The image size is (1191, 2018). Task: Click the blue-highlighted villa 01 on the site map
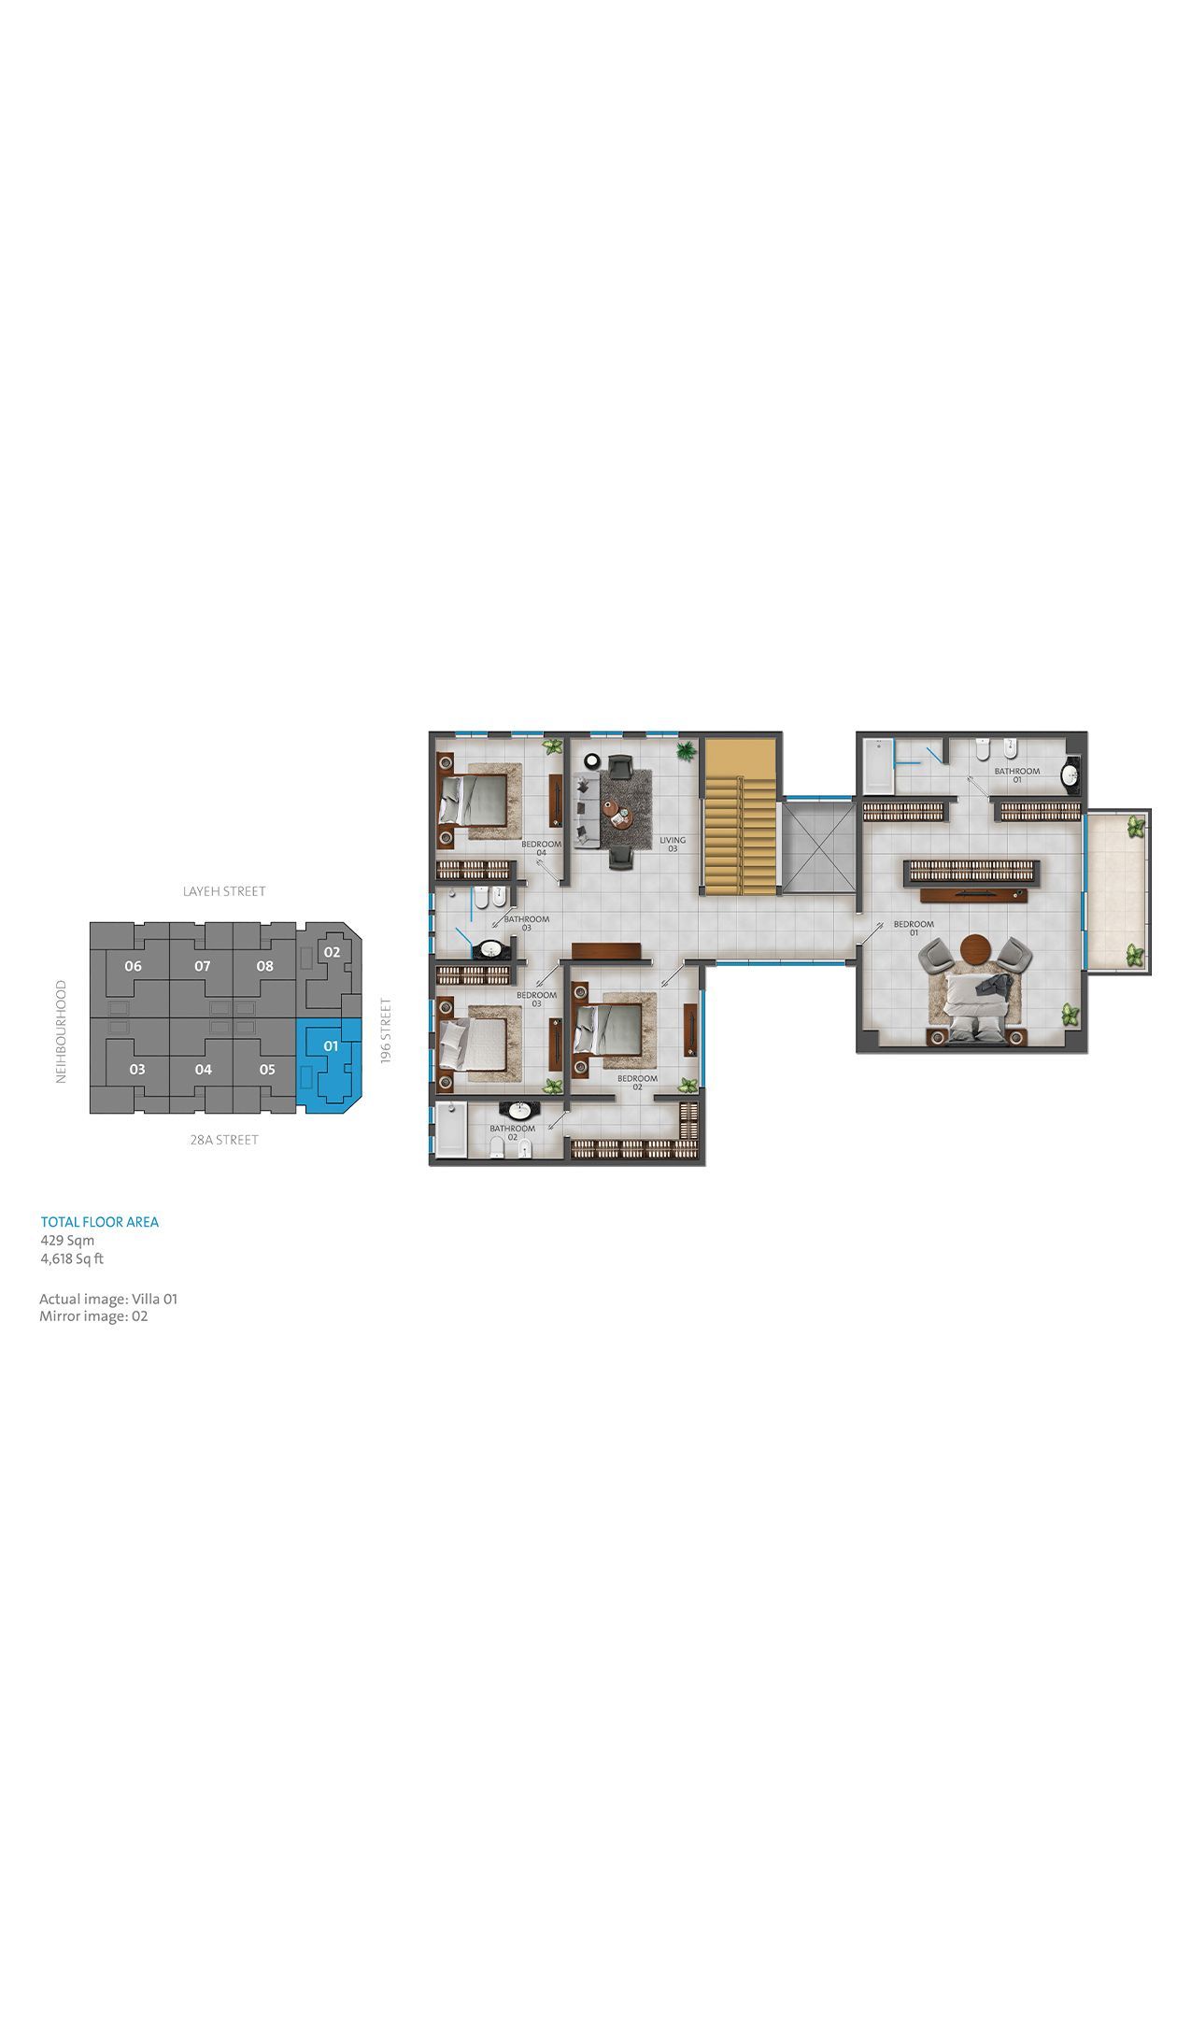(x=330, y=1066)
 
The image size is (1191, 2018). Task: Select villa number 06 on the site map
(x=133, y=966)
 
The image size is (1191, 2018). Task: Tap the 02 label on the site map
(x=332, y=952)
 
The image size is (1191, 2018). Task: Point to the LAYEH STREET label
(x=224, y=891)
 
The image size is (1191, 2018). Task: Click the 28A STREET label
(x=223, y=1140)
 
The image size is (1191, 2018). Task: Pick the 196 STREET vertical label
(x=386, y=1030)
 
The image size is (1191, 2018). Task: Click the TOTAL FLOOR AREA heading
(x=100, y=1222)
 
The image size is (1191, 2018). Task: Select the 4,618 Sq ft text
(x=72, y=1258)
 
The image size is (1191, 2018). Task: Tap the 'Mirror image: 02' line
(x=93, y=1316)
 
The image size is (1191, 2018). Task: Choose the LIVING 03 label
(x=673, y=844)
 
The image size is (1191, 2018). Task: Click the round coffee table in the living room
(x=617, y=815)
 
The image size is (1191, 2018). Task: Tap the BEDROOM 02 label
(x=636, y=1082)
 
